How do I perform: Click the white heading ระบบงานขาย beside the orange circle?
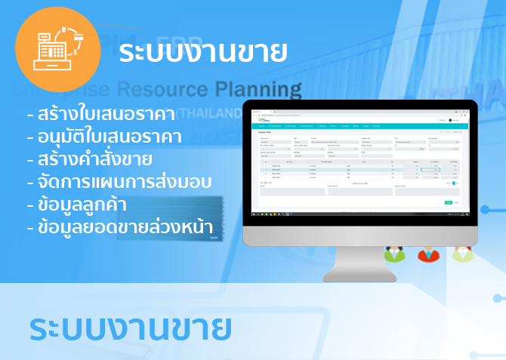pyautogui.click(x=204, y=52)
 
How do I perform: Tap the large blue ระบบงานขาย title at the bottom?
pyautogui.click(x=131, y=329)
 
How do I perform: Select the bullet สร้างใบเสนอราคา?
pyautogui.click(x=101, y=115)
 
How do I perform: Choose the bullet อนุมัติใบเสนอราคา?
pyautogui.click(x=107, y=137)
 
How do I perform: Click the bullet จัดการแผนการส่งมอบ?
pyautogui.click(x=119, y=182)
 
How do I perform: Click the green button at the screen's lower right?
pyautogui.click(x=448, y=202)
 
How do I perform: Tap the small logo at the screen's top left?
pyautogui.click(x=263, y=119)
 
